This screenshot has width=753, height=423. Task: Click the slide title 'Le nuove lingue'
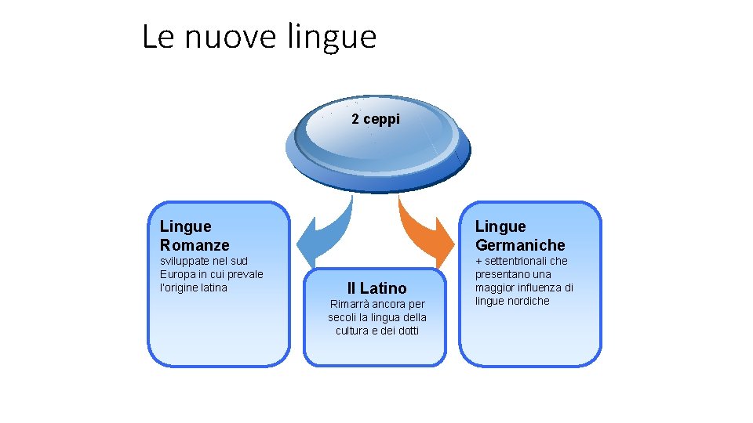tap(259, 36)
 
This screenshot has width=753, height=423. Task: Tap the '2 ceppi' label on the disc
tap(375, 119)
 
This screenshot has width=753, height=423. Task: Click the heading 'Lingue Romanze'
tap(195, 236)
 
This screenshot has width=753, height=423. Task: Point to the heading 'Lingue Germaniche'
tap(519, 236)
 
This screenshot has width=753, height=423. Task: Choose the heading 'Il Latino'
tap(376, 288)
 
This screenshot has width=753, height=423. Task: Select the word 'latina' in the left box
tap(212, 287)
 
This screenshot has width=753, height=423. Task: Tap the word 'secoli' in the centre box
tap(344, 317)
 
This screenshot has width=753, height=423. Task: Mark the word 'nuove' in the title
tap(234, 36)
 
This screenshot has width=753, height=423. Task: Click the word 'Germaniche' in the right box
tap(519, 245)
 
